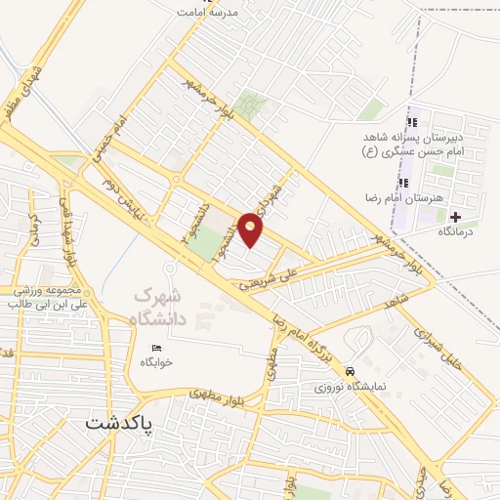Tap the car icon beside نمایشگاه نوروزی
pos(350,371)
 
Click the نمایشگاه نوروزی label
pos(350,386)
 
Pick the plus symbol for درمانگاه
pos(456,215)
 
